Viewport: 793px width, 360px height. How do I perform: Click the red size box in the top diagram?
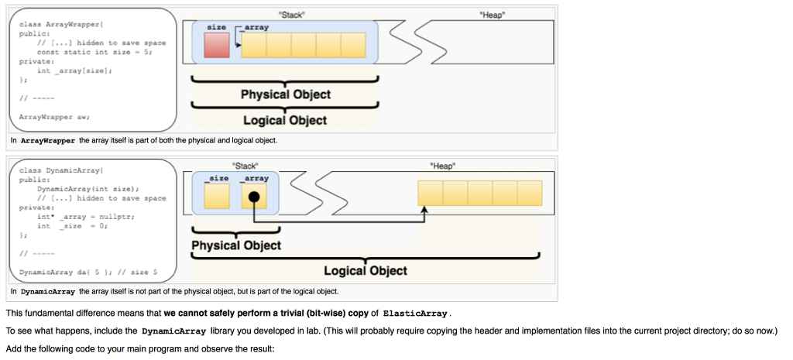217,45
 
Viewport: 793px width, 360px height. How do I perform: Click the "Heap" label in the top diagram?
493,14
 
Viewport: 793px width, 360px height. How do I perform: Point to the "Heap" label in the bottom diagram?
443,165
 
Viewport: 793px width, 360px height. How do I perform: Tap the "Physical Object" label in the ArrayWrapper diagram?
285,94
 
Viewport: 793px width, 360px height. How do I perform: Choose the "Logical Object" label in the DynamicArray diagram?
365,270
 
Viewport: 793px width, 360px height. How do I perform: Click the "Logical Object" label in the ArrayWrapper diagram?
285,120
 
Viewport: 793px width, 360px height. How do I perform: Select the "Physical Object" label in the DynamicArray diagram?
236,245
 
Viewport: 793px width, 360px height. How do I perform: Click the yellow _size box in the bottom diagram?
217,196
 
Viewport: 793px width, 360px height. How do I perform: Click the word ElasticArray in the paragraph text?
415,314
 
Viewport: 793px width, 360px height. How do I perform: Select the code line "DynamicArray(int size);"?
88,188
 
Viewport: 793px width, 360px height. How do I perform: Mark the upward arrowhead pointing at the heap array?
424,211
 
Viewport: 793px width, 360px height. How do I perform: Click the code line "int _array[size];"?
74,70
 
